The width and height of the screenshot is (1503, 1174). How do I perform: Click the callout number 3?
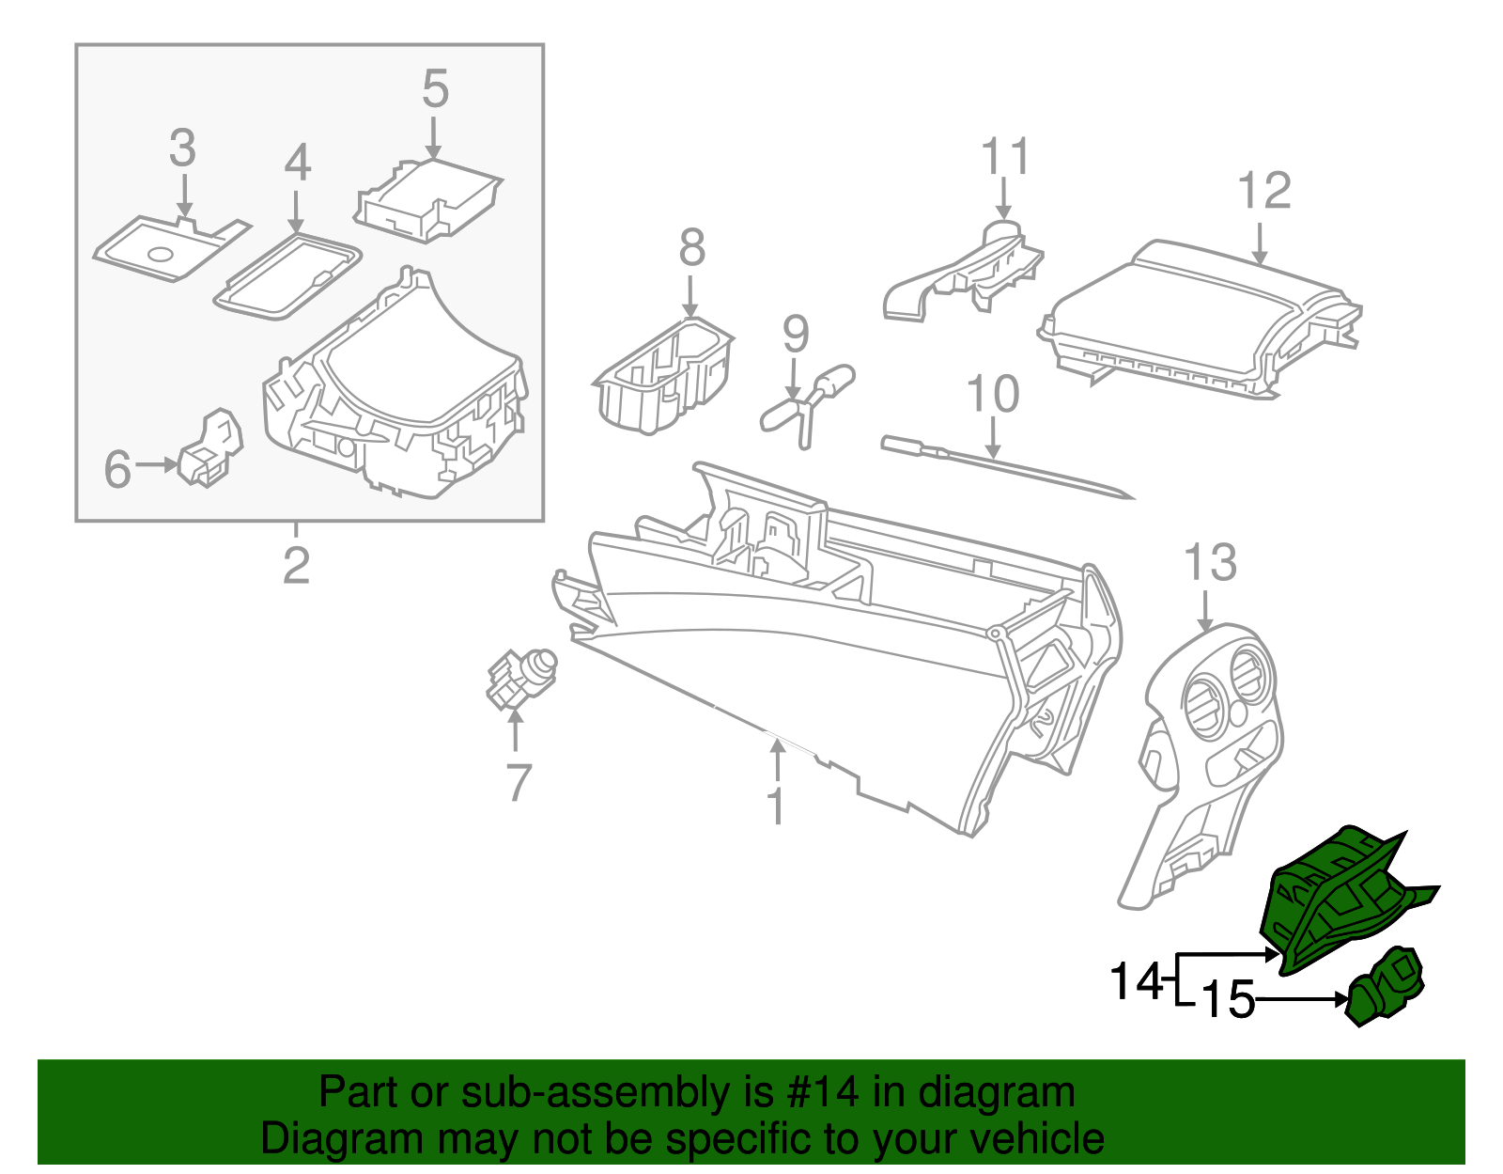(x=182, y=149)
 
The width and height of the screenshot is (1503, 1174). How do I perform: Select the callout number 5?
(x=435, y=89)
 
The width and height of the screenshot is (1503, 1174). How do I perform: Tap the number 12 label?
(x=1263, y=192)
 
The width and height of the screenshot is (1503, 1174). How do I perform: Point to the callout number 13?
(x=1210, y=563)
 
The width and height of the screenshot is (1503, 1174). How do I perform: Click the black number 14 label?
(x=1136, y=982)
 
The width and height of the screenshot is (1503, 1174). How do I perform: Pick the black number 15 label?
(x=1228, y=1000)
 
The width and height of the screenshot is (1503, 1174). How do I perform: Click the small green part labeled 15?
(x=1387, y=987)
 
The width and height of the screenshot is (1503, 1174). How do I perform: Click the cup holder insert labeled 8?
(x=664, y=376)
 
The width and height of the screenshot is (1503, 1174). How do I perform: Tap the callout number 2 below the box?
(x=296, y=566)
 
